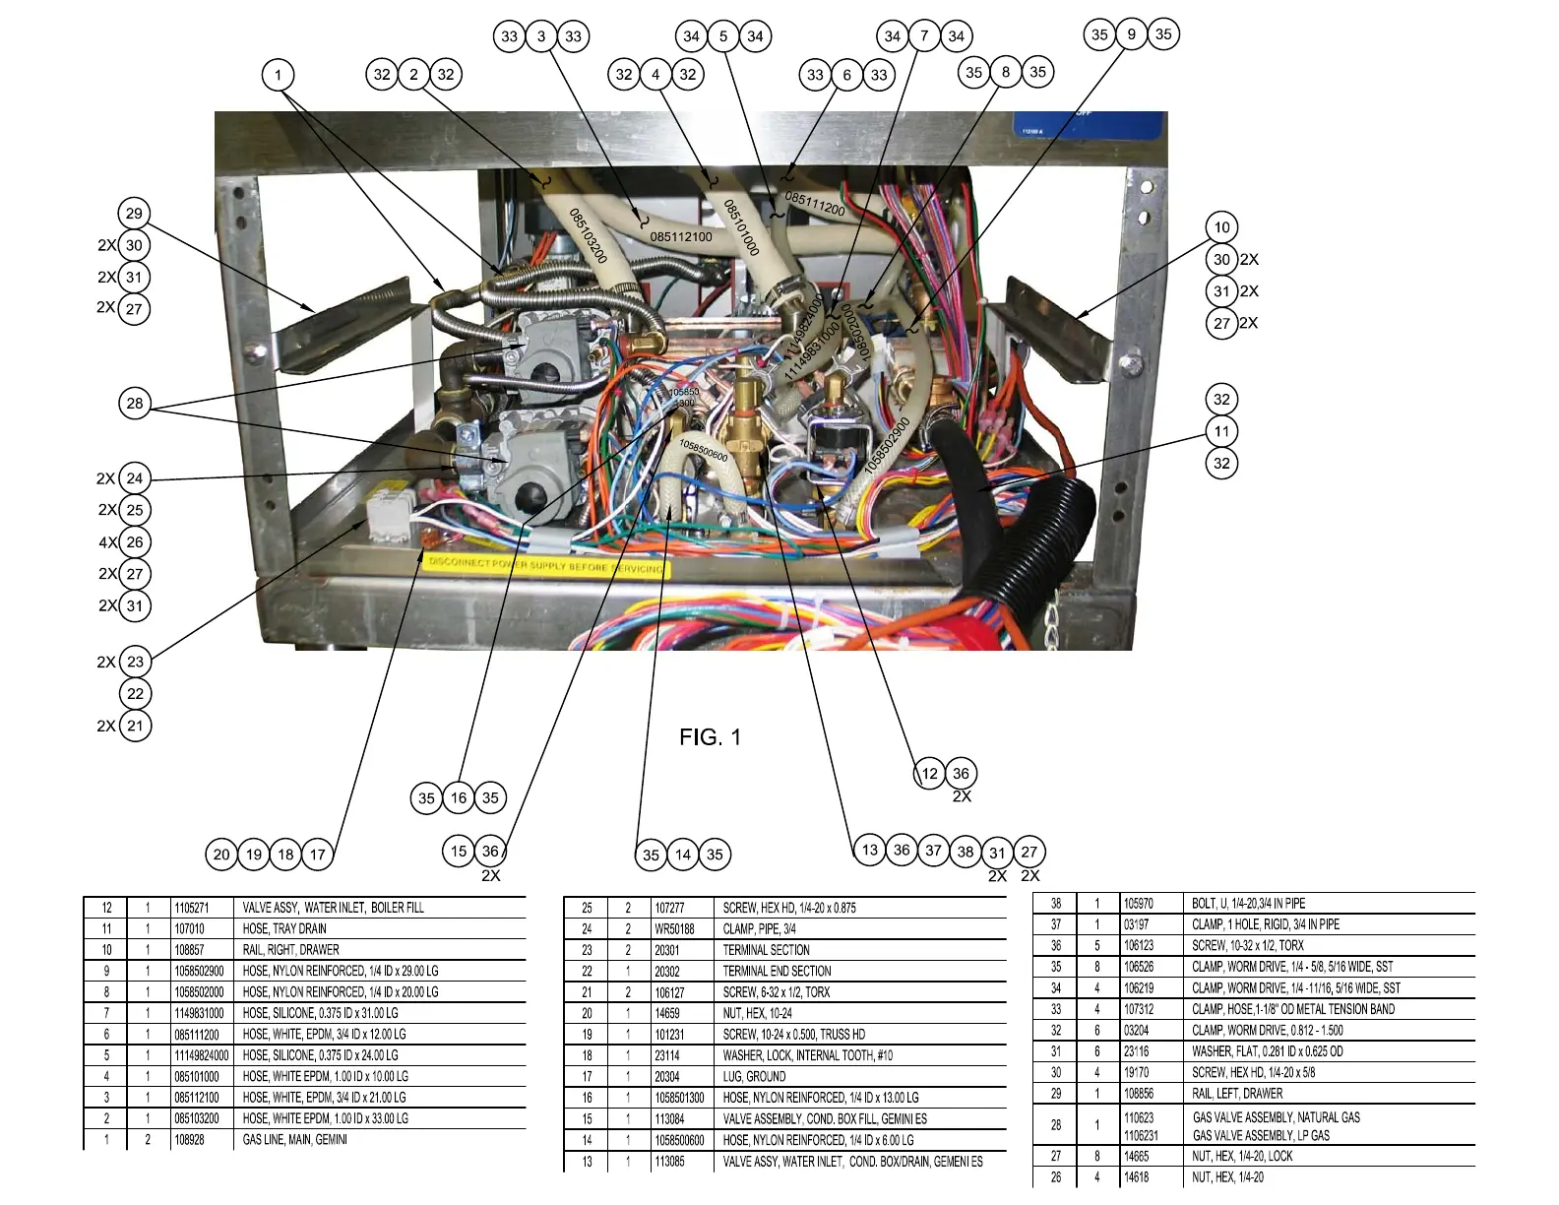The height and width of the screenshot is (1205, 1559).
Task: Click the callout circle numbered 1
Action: pos(279,75)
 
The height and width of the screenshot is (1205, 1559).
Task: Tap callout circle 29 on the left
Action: pos(134,214)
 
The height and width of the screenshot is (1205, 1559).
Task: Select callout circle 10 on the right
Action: pos(1221,227)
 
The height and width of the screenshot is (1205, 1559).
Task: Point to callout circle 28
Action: pos(135,403)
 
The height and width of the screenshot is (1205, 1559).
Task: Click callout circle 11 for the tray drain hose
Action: pos(1221,431)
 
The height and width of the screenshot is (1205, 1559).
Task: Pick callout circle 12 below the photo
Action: pos(929,773)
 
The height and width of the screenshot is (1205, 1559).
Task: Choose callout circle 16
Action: pos(459,797)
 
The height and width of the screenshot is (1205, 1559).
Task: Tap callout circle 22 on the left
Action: pos(135,693)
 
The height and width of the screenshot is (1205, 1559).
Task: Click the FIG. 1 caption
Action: pos(710,737)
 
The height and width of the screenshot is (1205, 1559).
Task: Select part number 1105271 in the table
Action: pos(194,908)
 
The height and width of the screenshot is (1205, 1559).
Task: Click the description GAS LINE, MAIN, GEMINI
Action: pos(294,1140)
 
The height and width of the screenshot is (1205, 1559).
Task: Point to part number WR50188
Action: pos(674,928)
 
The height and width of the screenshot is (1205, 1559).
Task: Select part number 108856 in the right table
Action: pos(1139,1093)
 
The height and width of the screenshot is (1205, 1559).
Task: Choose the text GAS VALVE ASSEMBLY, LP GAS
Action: pos(1261,1135)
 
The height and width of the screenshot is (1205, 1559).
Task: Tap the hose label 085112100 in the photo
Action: pos(681,236)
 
